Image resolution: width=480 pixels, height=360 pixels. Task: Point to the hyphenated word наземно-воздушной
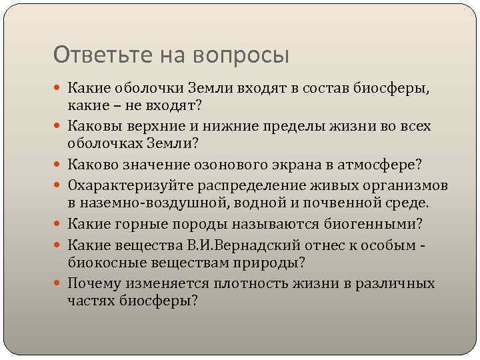click(x=142, y=202)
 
